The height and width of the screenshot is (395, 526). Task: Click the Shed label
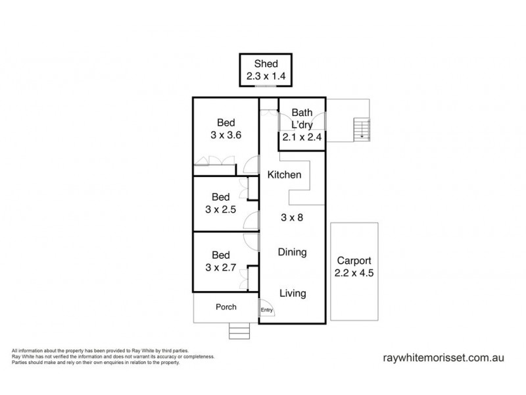pos(267,64)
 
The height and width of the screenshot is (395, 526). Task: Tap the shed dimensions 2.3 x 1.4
pos(267,76)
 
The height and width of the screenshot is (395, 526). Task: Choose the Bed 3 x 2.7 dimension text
pos(221,267)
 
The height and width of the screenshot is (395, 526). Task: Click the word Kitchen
pos(284,175)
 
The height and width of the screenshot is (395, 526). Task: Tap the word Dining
pos(292,252)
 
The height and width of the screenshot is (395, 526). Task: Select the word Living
pos(292,294)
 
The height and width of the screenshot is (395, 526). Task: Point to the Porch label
pos(226,307)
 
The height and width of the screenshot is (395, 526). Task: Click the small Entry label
pos(266,311)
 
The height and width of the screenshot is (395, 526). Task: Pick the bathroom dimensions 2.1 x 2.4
pos(302,138)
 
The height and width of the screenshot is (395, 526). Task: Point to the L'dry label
pos(302,125)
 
